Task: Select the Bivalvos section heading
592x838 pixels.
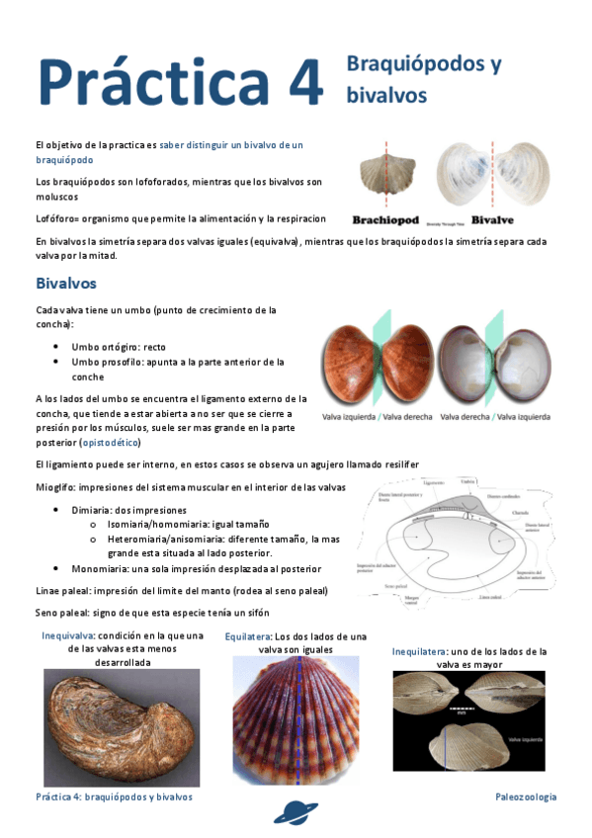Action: pyautogui.click(x=65, y=283)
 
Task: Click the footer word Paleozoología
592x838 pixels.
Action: pyautogui.click(x=526, y=796)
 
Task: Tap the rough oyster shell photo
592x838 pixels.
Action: pyautogui.click(x=122, y=725)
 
